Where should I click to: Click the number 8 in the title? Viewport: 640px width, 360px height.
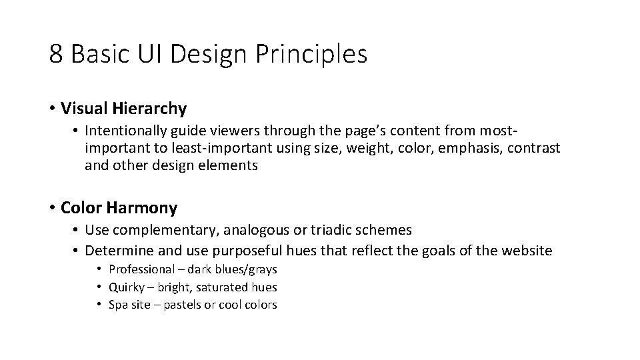click(55, 54)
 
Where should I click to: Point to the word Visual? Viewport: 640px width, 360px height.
click(83, 108)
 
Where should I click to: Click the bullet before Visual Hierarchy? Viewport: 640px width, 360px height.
click(52, 108)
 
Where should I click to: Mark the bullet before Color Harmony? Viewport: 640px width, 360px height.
click(52, 208)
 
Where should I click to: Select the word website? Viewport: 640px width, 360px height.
click(527, 251)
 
